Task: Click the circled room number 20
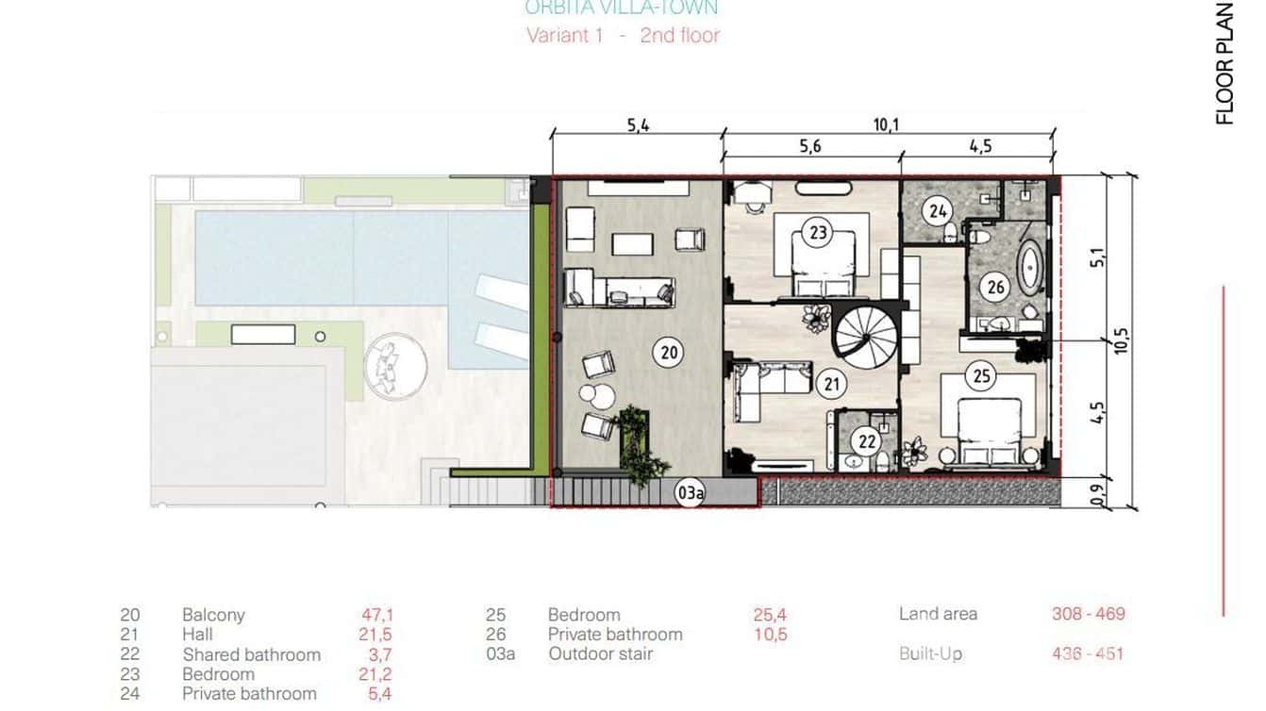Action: click(x=669, y=353)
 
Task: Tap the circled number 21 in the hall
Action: click(x=831, y=384)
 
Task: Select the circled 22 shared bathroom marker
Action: click(x=867, y=440)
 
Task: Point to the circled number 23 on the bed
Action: click(x=818, y=231)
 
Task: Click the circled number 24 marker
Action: click(x=937, y=211)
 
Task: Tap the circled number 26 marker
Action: click(x=995, y=287)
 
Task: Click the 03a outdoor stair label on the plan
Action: click(x=690, y=492)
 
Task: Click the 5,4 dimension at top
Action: click(x=638, y=126)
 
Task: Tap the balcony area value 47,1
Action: click(x=377, y=615)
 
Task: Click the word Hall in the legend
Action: click(x=198, y=635)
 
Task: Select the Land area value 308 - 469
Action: click(x=1088, y=614)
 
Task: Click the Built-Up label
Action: click(x=930, y=653)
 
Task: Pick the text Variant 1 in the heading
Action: click(x=564, y=36)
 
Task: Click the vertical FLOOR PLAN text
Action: click(x=1224, y=63)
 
